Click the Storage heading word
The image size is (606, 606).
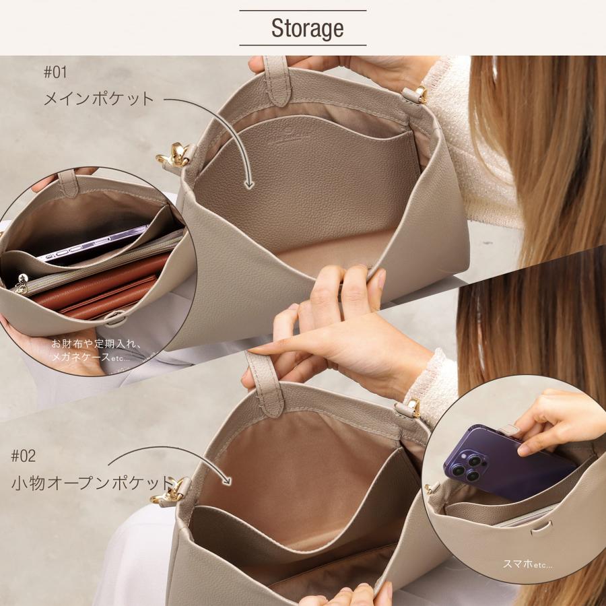307,28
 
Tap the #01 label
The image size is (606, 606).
55,71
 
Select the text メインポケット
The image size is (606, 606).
99,99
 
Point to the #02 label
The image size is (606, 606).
24,456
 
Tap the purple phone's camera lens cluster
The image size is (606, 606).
466,466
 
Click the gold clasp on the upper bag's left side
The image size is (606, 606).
174,156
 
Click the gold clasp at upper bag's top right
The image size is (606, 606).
419,94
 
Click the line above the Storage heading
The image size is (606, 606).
303,10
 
